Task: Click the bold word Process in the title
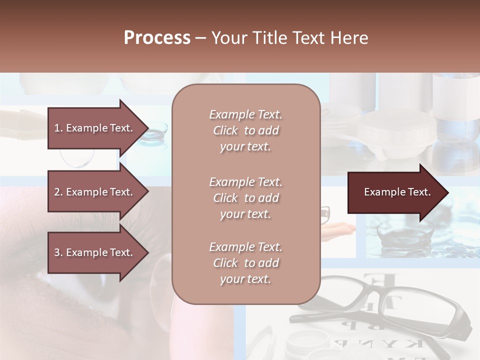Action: [157, 38]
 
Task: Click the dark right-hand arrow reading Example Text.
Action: [397, 192]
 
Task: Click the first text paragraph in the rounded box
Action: [245, 130]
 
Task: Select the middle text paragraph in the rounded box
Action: [245, 198]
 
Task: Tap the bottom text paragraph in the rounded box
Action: [245, 263]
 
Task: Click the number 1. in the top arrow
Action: [58, 128]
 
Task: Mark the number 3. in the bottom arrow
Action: [58, 252]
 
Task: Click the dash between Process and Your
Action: [200, 38]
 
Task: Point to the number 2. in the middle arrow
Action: [58, 192]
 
